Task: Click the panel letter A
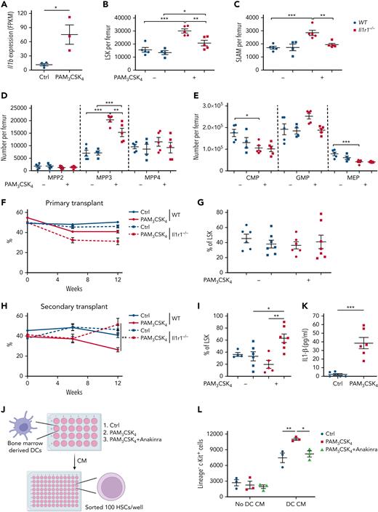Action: pyautogui.click(x=4, y=6)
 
